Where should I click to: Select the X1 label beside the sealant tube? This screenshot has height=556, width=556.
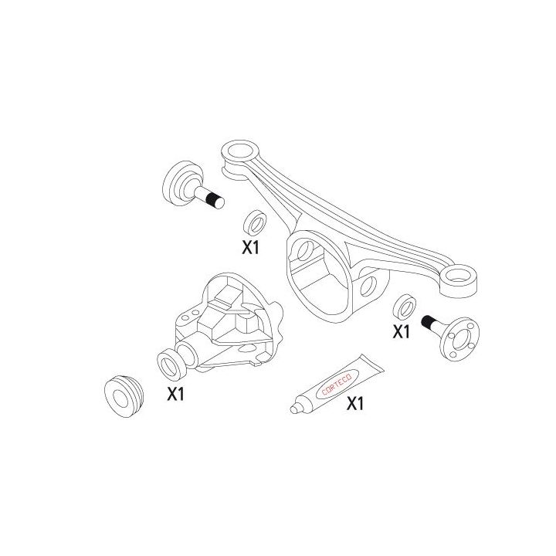(x=354, y=404)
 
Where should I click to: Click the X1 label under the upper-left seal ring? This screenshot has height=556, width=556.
(x=250, y=249)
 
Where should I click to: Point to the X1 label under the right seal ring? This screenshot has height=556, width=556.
(x=401, y=333)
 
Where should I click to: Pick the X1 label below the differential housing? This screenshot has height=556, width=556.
(x=176, y=395)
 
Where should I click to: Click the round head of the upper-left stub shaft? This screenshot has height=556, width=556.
(x=178, y=182)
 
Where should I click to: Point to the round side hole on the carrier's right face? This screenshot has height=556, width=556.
(x=368, y=286)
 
